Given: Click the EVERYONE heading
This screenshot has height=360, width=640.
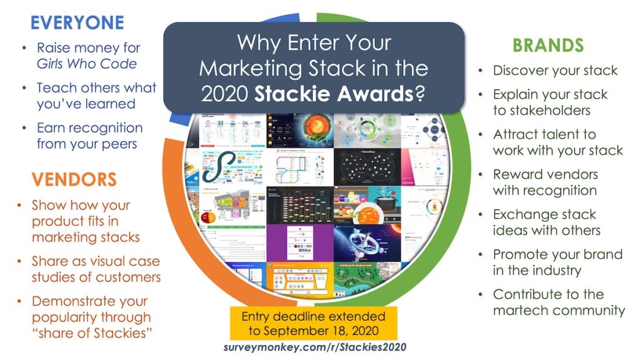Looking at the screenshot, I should coord(77,23).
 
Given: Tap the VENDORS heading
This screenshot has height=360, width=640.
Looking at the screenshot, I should coord(74,180).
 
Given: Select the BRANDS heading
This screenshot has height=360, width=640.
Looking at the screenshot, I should coord(548,45).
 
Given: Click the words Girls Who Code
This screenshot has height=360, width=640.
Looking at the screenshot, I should coord(87,64).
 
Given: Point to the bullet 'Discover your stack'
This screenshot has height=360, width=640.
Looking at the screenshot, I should coord(555,71).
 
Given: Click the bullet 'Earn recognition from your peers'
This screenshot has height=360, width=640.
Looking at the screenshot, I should coord(89,136).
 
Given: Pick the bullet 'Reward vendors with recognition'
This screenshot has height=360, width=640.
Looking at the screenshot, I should coord(545,182).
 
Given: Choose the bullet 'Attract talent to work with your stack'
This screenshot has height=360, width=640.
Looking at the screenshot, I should coord(557,142).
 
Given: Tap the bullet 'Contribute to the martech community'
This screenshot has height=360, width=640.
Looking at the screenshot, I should coord(559,302).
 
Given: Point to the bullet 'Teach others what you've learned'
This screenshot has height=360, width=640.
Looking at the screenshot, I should coord(96,96).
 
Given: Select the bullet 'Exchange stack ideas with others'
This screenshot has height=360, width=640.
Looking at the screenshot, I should coord(546,222).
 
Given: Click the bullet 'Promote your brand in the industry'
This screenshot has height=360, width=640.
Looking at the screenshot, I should coord(557,262).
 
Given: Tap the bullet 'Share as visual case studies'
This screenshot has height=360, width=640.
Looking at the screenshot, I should coord(96,269).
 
